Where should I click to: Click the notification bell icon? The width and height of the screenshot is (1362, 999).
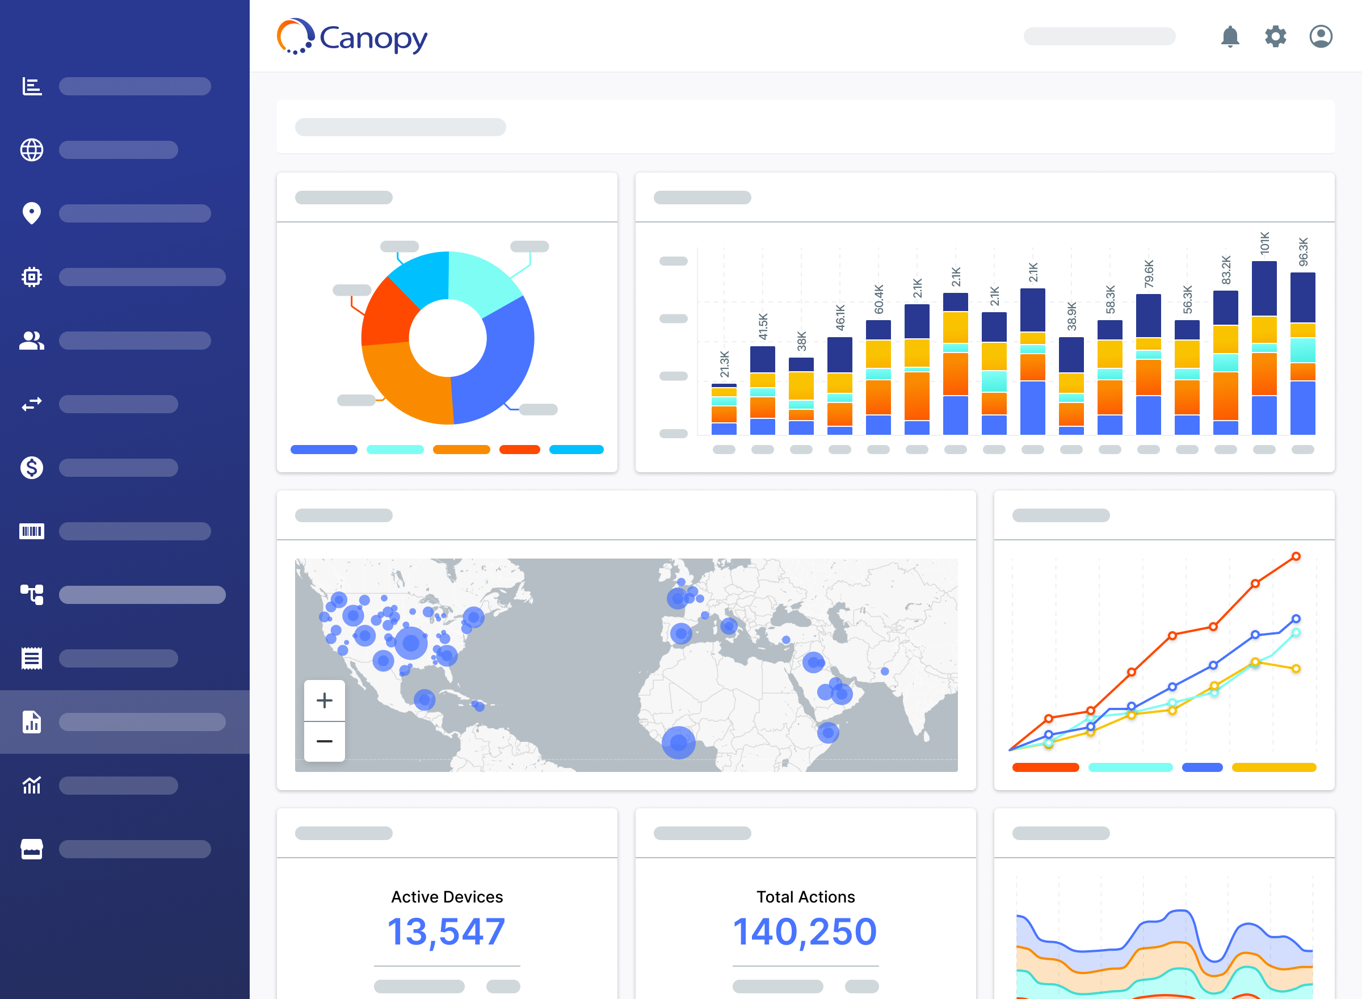pyautogui.click(x=1230, y=37)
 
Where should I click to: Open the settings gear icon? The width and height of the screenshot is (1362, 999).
pyautogui.click(x=1275, y=37)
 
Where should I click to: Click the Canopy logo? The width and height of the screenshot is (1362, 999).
pyautogui.click(x=352, y=37)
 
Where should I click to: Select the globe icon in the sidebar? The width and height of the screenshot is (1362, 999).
pyautogui.click(x=31, y=150)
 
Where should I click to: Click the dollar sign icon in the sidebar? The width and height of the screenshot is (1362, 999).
pyautogui.click(x=31, y=468)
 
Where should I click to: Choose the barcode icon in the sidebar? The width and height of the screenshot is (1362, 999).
pyautogui.click(x=31, y=531)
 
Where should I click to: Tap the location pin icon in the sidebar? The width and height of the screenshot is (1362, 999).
pyautogui.click(x=31, y=213)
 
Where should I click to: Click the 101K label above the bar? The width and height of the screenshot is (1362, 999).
pyautogui.click(x=1264, y=243)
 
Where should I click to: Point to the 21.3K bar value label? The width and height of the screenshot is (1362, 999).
pyautogui.click(x=724, y=364)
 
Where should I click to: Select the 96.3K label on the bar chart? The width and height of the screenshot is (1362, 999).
pyautogui.click(x=1303, y=251)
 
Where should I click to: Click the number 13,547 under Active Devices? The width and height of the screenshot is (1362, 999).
pyautogui.click(x=446, y=931)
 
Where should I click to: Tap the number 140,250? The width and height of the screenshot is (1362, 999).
pyautogui.click(x=805, y=931)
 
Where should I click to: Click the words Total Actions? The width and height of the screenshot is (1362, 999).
pyautogui.click(x=805, y=897)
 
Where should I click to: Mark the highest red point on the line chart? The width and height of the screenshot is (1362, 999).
pyautogui.click(x=1296, y=556)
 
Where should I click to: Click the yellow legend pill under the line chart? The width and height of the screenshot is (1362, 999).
pyautogui.click(x=1273, y=767)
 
